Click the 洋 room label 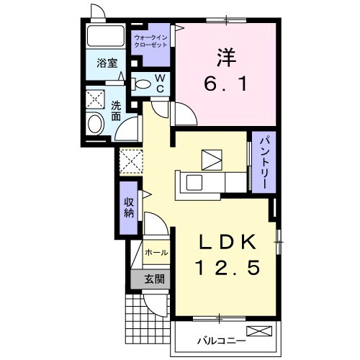[x=226, y=58]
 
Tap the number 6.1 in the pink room [x=225, y=84]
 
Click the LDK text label [x=228, y=241]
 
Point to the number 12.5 [x=228, y=268]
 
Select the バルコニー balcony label [x=221, y=341]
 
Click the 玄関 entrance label [x=155, y=279]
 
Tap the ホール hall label [x=156, y=253]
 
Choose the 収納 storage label [x=129, y=208]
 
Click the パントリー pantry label [x=264, y=163]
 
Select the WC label [x=160, y=83]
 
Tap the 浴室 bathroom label [x=107, y=63]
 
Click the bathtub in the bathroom [x=106, y=36]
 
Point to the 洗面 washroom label [x=116, y=111]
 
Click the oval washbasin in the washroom [x=96, y=124]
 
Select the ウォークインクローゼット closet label [x=150, y=41]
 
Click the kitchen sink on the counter [x=194, y=182]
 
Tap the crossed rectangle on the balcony [x=259, y=331]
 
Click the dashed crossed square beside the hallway [x=131, y=161]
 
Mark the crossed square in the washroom [x=95, y=99]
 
